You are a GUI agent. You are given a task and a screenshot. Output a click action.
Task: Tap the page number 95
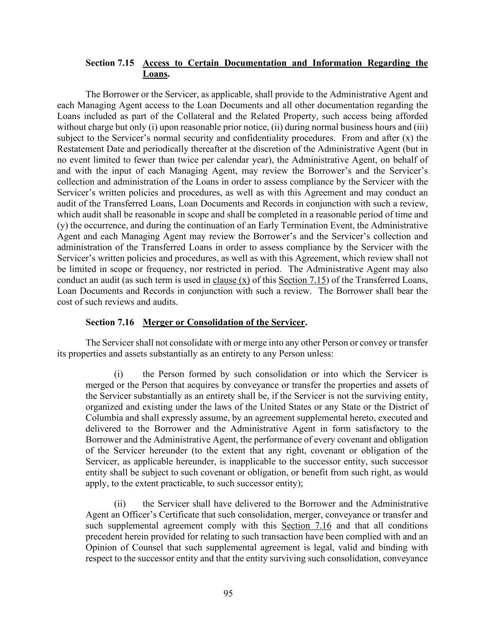click(x=228, y=593)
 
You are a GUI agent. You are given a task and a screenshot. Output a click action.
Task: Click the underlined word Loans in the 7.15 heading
click(x=155, y=74)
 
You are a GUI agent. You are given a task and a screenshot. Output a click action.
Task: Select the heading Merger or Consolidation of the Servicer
click(x=224, y=322)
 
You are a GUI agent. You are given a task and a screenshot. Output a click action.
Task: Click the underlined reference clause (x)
click(x=231, y=280)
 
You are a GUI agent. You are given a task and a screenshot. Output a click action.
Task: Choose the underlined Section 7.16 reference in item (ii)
click(x=306, y=526)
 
